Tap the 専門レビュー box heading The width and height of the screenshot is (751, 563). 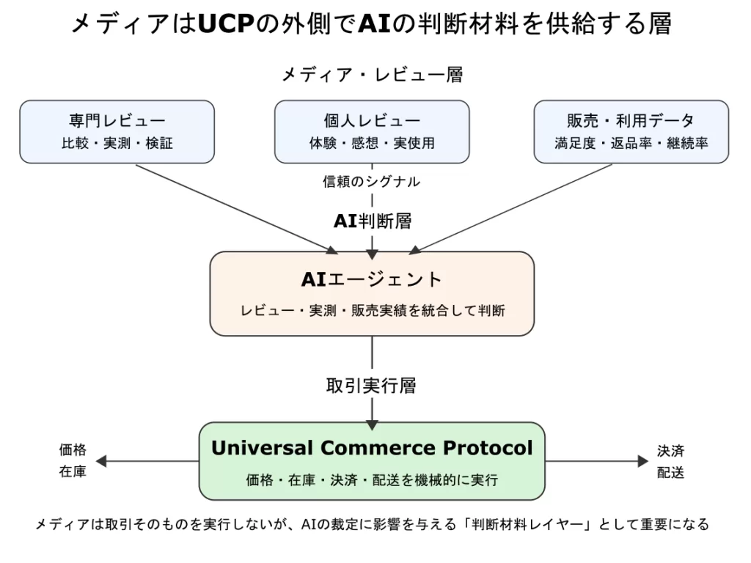point(117,121)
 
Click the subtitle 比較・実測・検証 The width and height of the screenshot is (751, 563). point(117,144)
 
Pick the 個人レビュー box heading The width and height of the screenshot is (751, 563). point(372,121)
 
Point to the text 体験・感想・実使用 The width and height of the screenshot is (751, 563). point(372,144)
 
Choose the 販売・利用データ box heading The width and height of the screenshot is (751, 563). point(631,121)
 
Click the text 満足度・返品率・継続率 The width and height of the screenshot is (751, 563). point(631,144)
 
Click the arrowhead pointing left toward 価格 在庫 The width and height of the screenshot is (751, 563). point(102,461)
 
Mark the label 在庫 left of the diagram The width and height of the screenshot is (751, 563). point(73,472)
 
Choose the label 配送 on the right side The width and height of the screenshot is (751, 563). point(671,473)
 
